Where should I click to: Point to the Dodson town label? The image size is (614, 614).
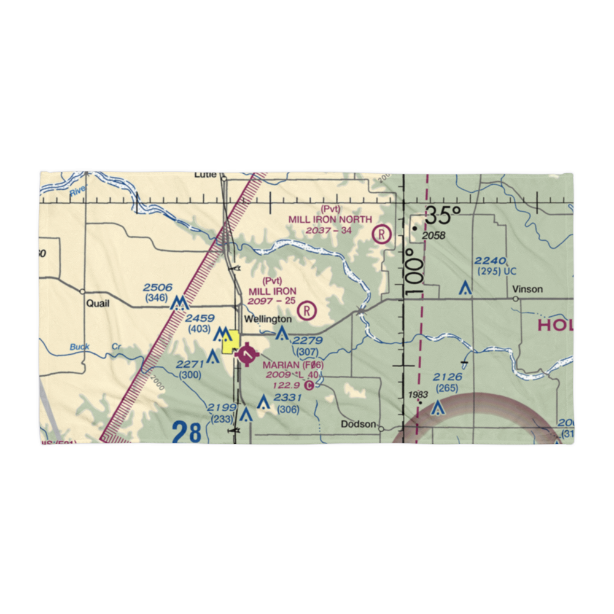pos(359,424)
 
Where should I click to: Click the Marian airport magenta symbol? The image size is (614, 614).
pos(246,354)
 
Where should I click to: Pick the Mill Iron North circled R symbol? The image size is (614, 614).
pos(382,234)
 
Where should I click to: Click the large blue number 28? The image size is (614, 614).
pos(187,432)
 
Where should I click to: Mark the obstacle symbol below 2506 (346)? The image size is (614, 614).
pos(179,303)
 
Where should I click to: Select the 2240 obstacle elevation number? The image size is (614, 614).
pos(490,261)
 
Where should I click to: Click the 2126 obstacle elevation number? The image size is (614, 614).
pos(447,377)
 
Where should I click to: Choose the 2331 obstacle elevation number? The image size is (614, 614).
pos(288,398)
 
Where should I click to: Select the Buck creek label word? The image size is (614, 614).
pos(79,347)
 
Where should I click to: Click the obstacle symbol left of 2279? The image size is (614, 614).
pos(282,334)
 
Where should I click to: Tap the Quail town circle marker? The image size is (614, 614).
pos(82,292)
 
